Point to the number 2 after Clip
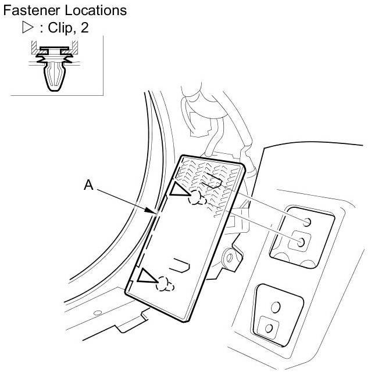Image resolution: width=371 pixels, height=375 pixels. coord(85,28)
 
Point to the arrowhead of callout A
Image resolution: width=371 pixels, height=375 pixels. coord(156,213)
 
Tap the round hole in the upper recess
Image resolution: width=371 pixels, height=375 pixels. coord(306,221)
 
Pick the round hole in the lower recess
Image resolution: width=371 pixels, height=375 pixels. coord(276,306)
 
